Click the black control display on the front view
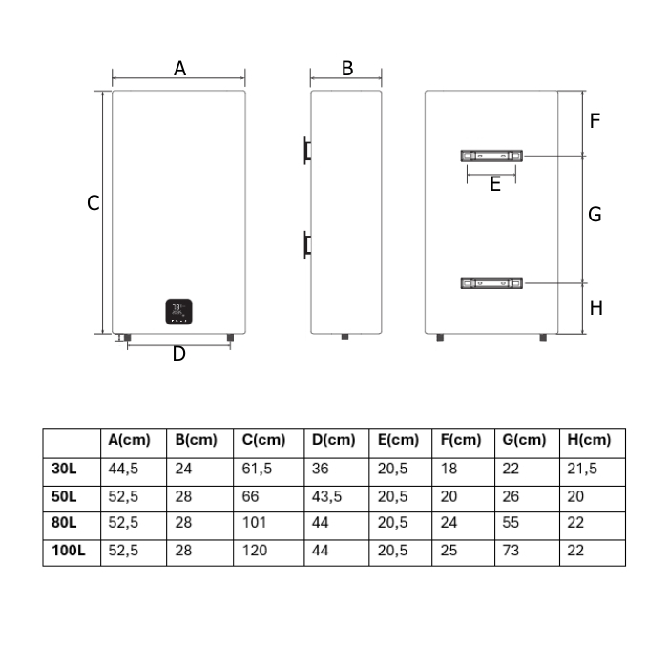click(179, 311)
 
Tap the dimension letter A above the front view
click(179, 69)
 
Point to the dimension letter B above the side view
click(347, 69)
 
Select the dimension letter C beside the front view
click(93, 202)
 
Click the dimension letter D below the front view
click(179, 354)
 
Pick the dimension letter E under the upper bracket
click(494, 184)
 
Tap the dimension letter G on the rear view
click(595, 215)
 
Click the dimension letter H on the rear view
click(596, 308)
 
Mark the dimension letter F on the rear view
click(595, 120)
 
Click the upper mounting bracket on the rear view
click(491, 156)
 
